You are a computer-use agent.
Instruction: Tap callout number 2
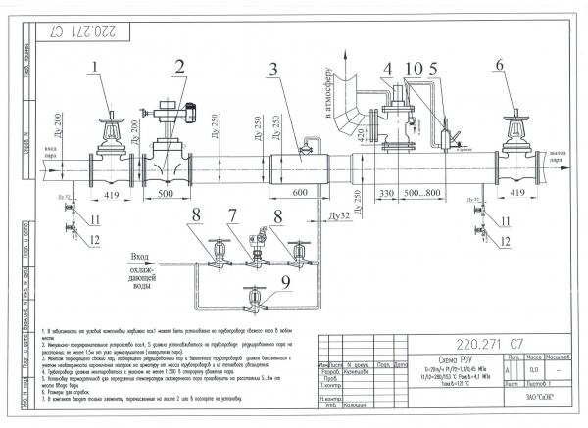pyautogui.click(x=180, y=67)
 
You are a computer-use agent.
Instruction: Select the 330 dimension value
pyautogui.click(x=385, y=194)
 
